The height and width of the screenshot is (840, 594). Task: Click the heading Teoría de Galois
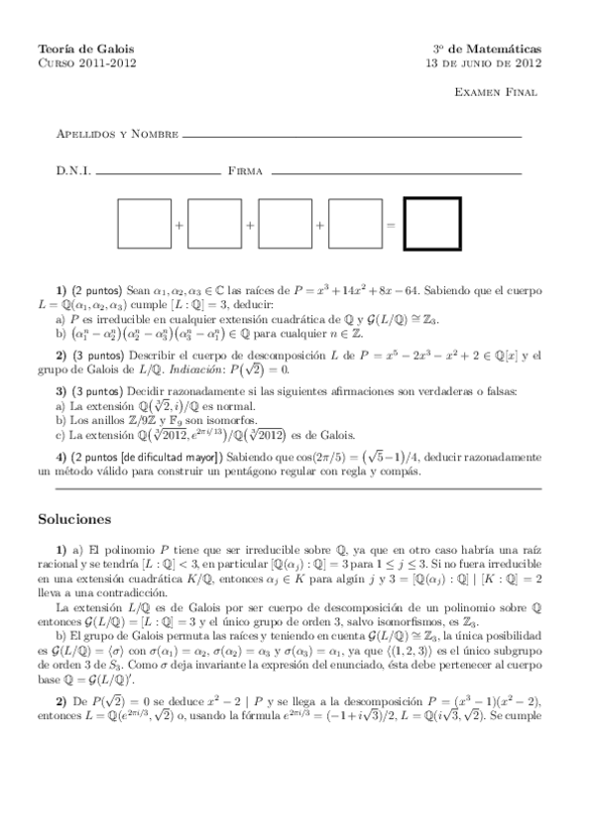click(85, 49)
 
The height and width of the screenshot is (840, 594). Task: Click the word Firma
click(245, 171)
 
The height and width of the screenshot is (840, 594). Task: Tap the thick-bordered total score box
click(432, 225)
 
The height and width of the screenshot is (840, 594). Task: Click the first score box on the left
click(145, 225)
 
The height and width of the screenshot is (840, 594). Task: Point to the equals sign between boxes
click(391, 226)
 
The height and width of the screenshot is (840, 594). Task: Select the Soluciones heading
click(74, 518)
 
